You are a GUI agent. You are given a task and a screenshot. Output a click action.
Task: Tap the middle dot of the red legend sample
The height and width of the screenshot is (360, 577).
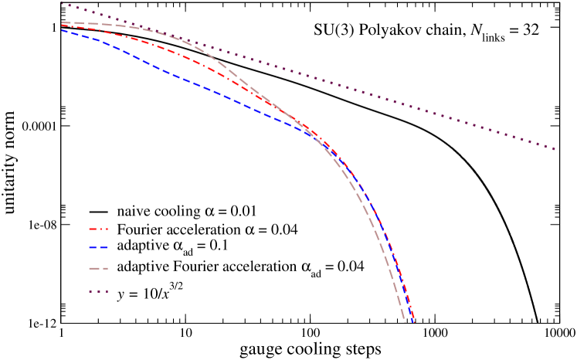(100, 229)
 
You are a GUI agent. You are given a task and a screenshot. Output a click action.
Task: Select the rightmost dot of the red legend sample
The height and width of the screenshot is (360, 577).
(107, 229)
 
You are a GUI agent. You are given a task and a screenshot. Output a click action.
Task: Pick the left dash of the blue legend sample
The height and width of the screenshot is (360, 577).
(93, 248)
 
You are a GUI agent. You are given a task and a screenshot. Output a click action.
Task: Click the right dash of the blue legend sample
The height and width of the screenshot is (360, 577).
(104, 248)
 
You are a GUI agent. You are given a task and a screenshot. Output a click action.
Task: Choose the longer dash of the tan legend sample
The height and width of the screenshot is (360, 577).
(93, 269)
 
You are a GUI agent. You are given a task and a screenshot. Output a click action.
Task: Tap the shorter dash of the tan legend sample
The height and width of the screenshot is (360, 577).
(105, 269)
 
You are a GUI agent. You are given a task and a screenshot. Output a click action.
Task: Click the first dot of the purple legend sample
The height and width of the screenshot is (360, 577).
(90, 291)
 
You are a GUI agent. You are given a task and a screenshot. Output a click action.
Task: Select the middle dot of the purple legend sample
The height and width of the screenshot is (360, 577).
(98, 291)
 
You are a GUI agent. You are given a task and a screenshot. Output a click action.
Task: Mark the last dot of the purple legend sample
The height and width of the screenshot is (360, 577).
(106, 291)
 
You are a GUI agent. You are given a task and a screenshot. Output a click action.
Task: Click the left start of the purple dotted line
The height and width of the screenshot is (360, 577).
(62, 4)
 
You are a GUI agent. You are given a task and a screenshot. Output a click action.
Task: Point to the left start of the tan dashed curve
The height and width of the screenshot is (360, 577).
(62, 22)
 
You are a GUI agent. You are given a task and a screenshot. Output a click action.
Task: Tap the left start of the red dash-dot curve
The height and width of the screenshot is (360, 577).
(62, 25)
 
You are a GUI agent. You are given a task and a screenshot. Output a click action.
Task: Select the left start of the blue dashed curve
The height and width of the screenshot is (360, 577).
(62, 30)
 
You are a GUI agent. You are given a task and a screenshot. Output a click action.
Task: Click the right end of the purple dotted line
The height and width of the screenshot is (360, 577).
(555, 149)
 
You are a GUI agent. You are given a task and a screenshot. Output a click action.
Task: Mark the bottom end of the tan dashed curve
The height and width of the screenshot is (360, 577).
(406, 322)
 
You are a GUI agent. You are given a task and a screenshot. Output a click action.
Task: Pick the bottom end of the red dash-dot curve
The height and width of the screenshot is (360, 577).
(414, 322)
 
